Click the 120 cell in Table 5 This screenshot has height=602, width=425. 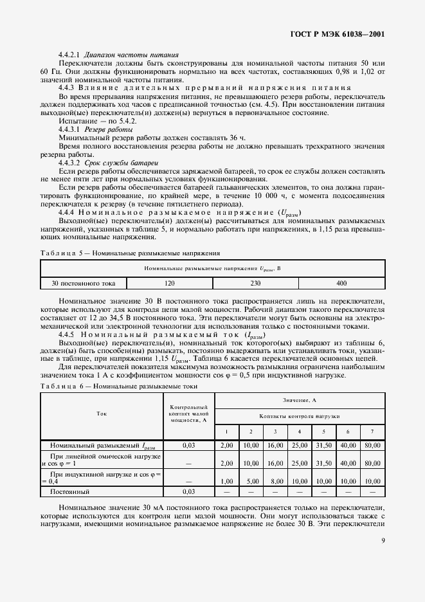coord(170,282)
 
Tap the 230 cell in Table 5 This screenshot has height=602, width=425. coord(255,282)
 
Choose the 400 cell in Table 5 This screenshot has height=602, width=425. coord(341,282)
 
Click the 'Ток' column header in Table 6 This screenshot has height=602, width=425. coord(102,415)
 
